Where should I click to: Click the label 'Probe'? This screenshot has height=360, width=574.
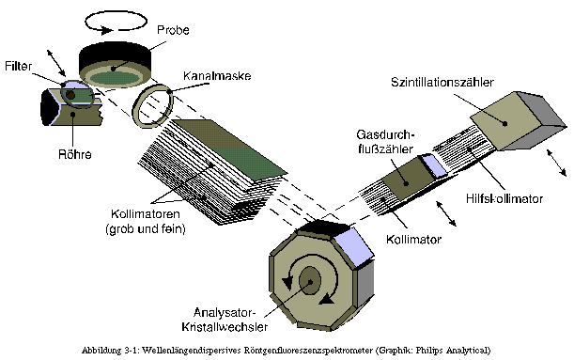click(x=173, y=30)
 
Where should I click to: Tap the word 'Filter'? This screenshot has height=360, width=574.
click(x=18, y=67)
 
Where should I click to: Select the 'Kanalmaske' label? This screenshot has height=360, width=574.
click(x=217, y=76)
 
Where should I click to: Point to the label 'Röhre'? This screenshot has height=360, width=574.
click(x=74, y=154)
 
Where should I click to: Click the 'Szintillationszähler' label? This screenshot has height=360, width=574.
click(x=442, y=82)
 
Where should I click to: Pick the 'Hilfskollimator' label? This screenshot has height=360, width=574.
click(x=504, y=198)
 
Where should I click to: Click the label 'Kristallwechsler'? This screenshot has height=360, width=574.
click(x=225, y=327)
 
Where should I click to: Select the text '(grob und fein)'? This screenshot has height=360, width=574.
click(x=146, y=229)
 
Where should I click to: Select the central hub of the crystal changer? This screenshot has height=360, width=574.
click(x=310, y=281)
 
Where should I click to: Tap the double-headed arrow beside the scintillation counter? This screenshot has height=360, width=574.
click(x=557, y=163)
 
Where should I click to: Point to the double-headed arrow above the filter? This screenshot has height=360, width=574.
click(x=56, y=63)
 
